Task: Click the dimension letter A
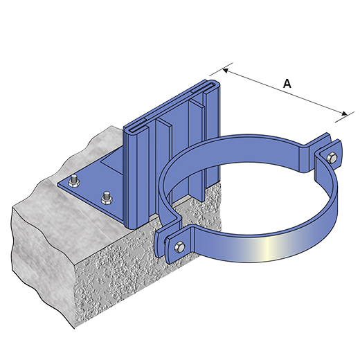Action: point(287,83)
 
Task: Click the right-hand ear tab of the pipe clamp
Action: point(327,155)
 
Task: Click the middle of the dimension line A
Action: point(285,92)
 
